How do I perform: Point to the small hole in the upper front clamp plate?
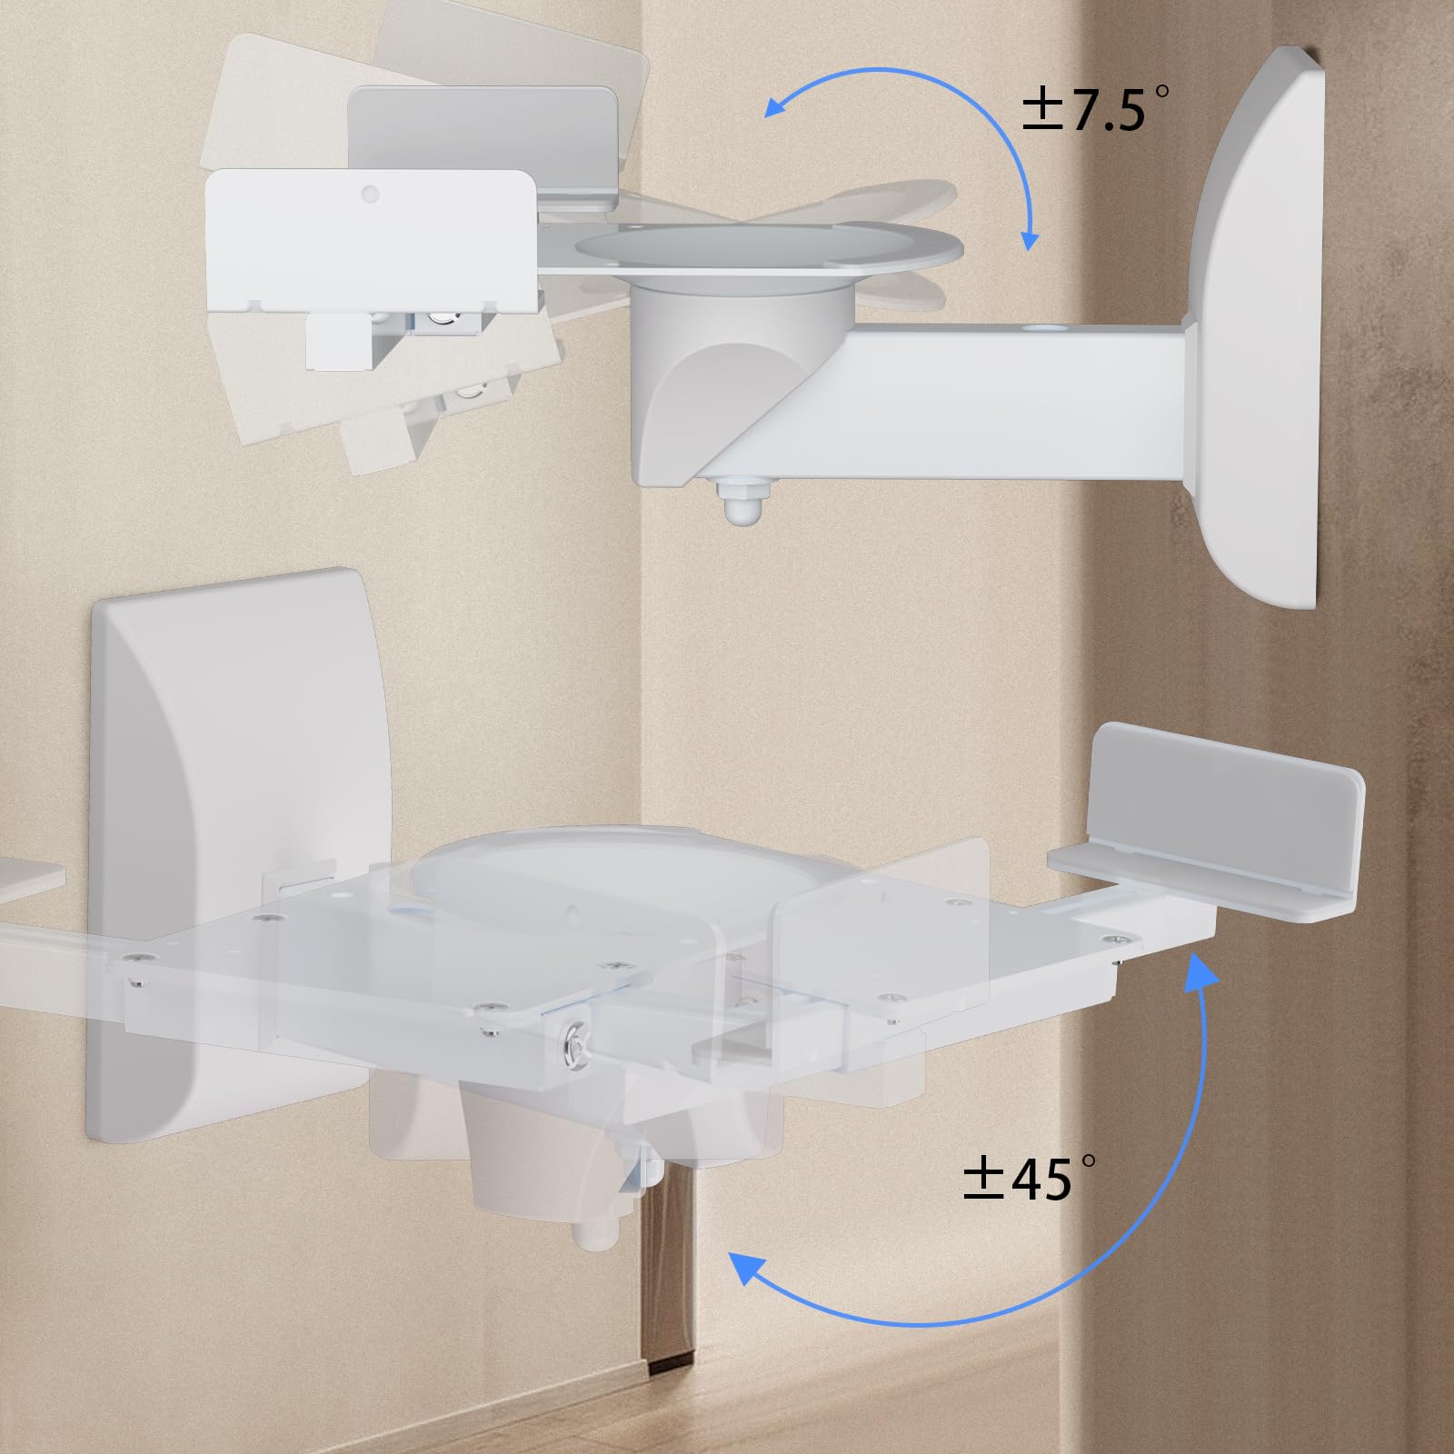point(369,194)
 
